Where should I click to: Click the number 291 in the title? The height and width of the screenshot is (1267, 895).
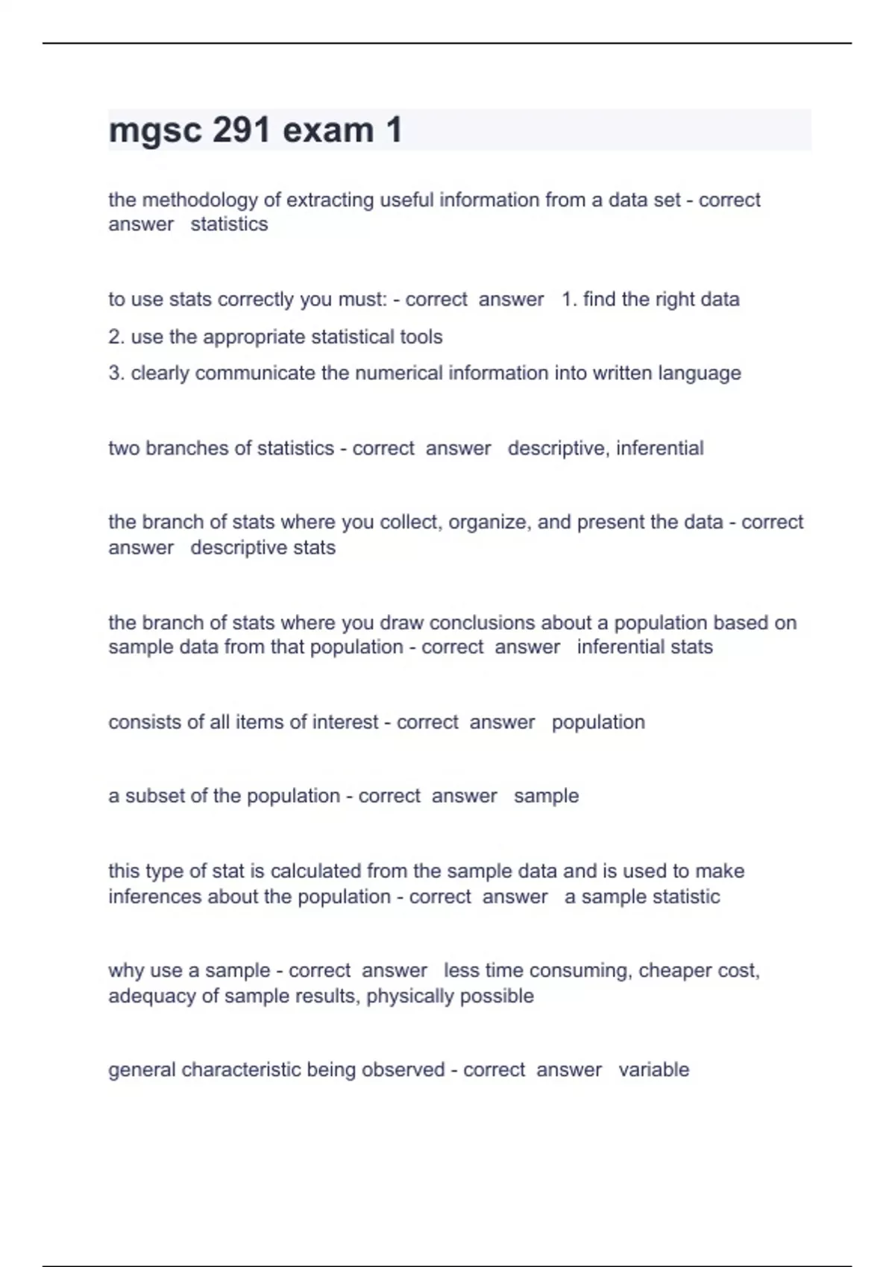241,130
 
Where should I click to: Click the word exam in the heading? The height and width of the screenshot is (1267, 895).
328,130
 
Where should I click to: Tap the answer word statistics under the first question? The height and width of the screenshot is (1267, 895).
229,224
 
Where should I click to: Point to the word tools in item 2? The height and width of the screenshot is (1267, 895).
421,337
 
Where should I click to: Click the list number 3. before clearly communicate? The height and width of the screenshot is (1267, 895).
116,373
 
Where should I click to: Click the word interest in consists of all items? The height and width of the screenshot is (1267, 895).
345,721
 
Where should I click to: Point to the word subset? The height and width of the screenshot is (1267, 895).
155,796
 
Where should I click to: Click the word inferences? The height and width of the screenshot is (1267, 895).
155,896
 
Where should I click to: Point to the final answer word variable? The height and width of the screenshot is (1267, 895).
653,1069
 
